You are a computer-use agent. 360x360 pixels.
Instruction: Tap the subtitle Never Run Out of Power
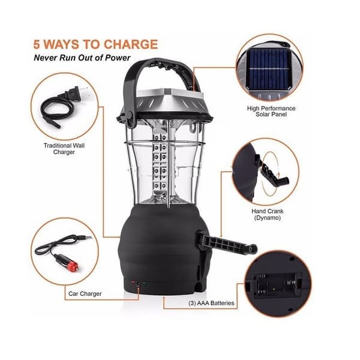pyautogui.click(x=82, y=58)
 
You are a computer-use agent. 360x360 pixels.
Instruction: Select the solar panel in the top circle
pyautogui.click(x=268, y=68)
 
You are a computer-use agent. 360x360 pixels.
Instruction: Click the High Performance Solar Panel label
pyautogui.click(x=271, y=111)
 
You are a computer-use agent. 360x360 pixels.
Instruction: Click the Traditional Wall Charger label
pyautogui.click(x=64, y=149)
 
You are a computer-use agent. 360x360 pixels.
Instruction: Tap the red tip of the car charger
pyautogui.click(x=73, y=266)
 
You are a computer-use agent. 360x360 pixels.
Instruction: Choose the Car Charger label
pyautogui.click(x=85, y=293)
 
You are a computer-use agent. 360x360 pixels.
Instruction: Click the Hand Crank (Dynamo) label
pyautogui.click(x=268, y=214)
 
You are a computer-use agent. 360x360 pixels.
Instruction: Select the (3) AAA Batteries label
pyautogui.click(x=211, y=303)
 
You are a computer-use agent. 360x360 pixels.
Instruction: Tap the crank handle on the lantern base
pyautogui.click(x=226, y=245)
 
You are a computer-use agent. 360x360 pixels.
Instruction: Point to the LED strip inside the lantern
pyautogui.click(x=160, y=163)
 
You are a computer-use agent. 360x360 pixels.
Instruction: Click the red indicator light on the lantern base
pyautogui.click(x=133, y=282)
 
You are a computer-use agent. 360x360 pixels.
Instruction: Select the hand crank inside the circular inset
pyautogui.click(x=271, y=169)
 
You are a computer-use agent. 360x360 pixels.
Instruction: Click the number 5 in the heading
pyautogui.click(x=37, y=44)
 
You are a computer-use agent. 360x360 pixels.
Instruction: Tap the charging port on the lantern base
pyautogui.click(x=138, y=283)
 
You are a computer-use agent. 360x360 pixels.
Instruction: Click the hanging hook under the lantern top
pyautogui.click(x=194, y=128)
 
